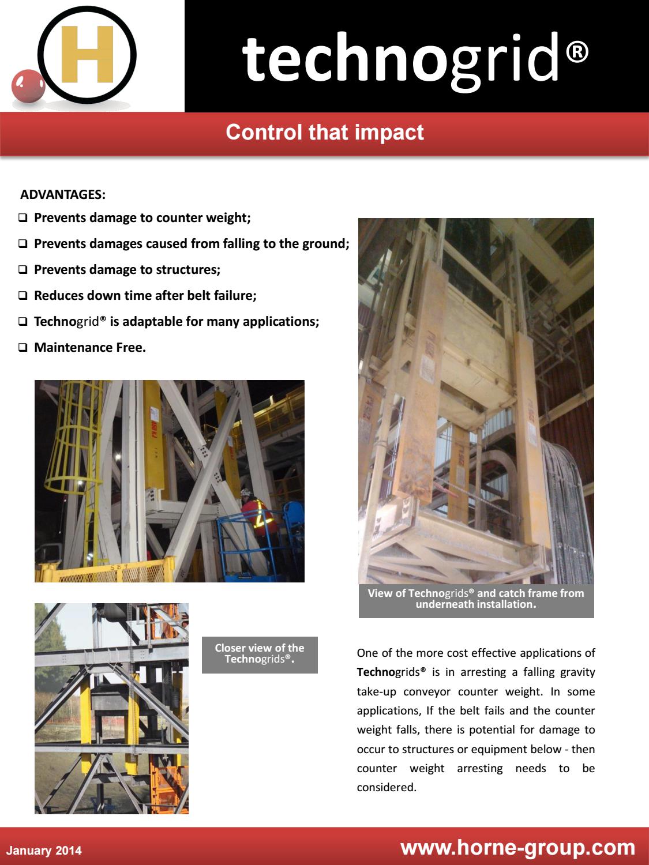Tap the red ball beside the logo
click(28, 85)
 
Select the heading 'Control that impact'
click(325, 132)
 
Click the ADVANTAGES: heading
click(63, 194)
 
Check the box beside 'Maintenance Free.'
click(23, 348)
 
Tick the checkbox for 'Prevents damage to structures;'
click(23, 270)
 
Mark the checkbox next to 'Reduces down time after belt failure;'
click(23, 296)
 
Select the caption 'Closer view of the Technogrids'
click(260, 654)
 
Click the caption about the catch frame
click(476, 599)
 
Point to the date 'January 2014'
click(44, 851)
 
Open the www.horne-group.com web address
click(517, 847)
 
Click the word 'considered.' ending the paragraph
click(387, 787)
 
